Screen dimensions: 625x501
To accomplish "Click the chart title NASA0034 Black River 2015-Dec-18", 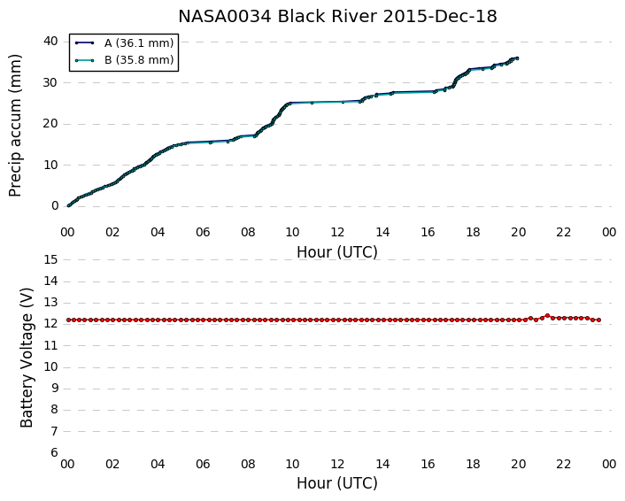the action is click(337, 17).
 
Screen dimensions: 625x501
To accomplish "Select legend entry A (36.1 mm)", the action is click(139, 43).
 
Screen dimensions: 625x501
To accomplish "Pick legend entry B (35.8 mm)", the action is click(139, 60).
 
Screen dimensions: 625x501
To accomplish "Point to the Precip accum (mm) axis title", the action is click(15, 126).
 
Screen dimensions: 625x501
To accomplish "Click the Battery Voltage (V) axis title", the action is click(27, 358).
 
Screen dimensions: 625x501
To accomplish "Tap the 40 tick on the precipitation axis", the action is click(51, 41).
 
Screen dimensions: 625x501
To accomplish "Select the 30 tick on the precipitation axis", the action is click(51, 82).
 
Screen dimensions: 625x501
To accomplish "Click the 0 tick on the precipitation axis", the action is click(55, 205).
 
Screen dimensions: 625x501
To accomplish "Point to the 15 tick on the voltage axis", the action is click(51, 259).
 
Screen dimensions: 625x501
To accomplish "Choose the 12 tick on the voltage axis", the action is click(51, 324).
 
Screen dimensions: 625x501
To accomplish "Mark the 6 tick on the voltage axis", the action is click(55, 452).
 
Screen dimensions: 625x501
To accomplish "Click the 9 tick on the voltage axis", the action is click(55, 389).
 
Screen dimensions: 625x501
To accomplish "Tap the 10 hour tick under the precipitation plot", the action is click(292, 232).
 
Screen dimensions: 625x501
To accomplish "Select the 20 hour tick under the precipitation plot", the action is click(518, 232).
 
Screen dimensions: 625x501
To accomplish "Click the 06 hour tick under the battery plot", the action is click(203, 464).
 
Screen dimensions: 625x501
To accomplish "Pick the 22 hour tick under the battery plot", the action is click(563, 464).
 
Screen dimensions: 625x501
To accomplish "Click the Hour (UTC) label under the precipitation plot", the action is click(337, 252).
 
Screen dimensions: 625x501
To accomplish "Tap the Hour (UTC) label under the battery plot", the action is click(337, 483).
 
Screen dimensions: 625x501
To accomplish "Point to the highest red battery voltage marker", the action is click(547, 316).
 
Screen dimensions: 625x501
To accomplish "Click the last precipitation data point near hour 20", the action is click(517, 58).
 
